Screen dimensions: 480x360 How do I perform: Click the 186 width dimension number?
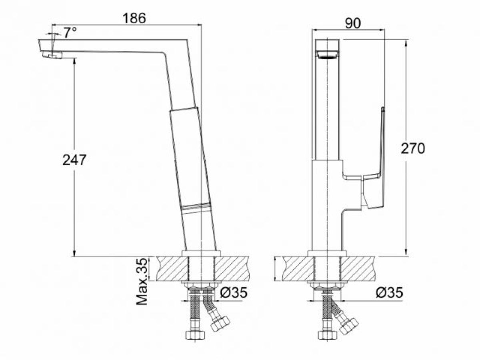pos(134,18)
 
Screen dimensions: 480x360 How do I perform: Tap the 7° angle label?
pos(70,32)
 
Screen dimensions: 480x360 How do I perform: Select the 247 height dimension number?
pos(74,160)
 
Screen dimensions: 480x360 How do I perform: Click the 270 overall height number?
pos(413,148)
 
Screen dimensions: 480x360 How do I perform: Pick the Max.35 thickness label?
pos(142,282)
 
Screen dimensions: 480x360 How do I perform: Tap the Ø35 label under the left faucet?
pos(234,292)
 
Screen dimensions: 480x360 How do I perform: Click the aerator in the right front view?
pos(327,55)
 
